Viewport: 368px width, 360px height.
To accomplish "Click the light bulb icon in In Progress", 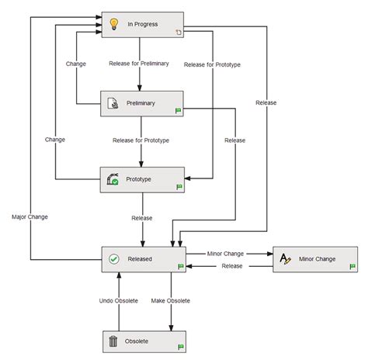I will [x=113, y=24].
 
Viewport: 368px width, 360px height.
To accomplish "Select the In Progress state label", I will [x=143, y=24].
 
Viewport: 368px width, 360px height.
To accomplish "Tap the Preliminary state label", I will [x=141, y=102].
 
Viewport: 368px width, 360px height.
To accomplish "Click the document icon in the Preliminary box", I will [x=113, y=102].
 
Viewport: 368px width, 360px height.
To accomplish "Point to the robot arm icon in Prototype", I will [x=113, y=179].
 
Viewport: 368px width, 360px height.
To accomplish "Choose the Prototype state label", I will [x=140, y=179].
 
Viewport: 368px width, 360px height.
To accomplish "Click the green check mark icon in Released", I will [x=113, y=259].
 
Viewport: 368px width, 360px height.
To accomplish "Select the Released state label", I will [x=141, y=259].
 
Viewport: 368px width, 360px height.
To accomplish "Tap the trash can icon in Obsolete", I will [x=113, y=341].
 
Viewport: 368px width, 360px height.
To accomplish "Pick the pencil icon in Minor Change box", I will [x=286, y=259].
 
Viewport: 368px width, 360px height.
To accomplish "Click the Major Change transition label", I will [x=30, y=216].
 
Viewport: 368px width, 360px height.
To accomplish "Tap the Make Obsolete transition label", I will [x=171, y=300].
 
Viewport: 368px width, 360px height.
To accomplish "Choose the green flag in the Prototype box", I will [x=179, y=187].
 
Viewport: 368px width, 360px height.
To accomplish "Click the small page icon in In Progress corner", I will [x=178, y=33].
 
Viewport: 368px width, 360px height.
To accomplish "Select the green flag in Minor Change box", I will [x=352, y=266].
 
